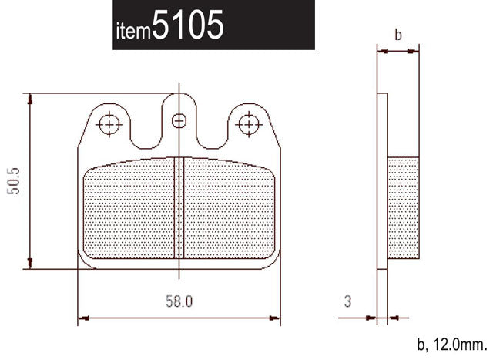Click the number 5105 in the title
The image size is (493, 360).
point(188,26)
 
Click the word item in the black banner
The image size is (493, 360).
point(133,31)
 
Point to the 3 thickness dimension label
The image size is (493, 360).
point(347,301)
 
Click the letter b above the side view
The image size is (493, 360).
point(397,35)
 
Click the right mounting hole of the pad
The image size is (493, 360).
point(247,123)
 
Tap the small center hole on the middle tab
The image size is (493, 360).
point(179,120)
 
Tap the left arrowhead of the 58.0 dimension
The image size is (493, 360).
point(83,317)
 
